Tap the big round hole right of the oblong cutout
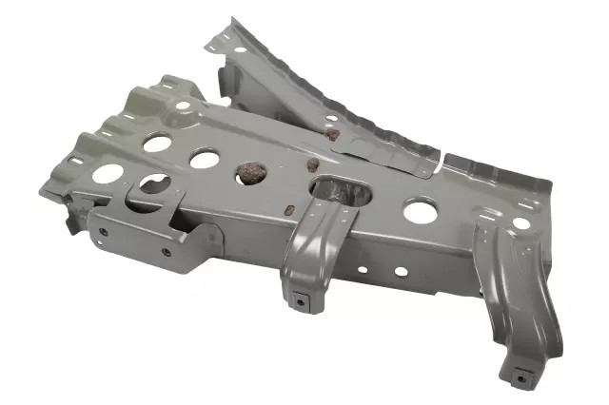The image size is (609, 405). (x=419, y=211)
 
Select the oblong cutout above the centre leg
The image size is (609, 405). (x=342, y=191)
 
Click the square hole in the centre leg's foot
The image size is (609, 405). (x=302, y=303)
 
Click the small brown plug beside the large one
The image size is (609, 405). (x=311, y=164)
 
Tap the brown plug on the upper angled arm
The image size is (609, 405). (x=331, y=134)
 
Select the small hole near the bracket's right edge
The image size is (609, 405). (x=521, y=223)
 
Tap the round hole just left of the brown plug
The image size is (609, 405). (x=204, y=159)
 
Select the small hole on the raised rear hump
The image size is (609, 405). (x=181, y=105)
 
